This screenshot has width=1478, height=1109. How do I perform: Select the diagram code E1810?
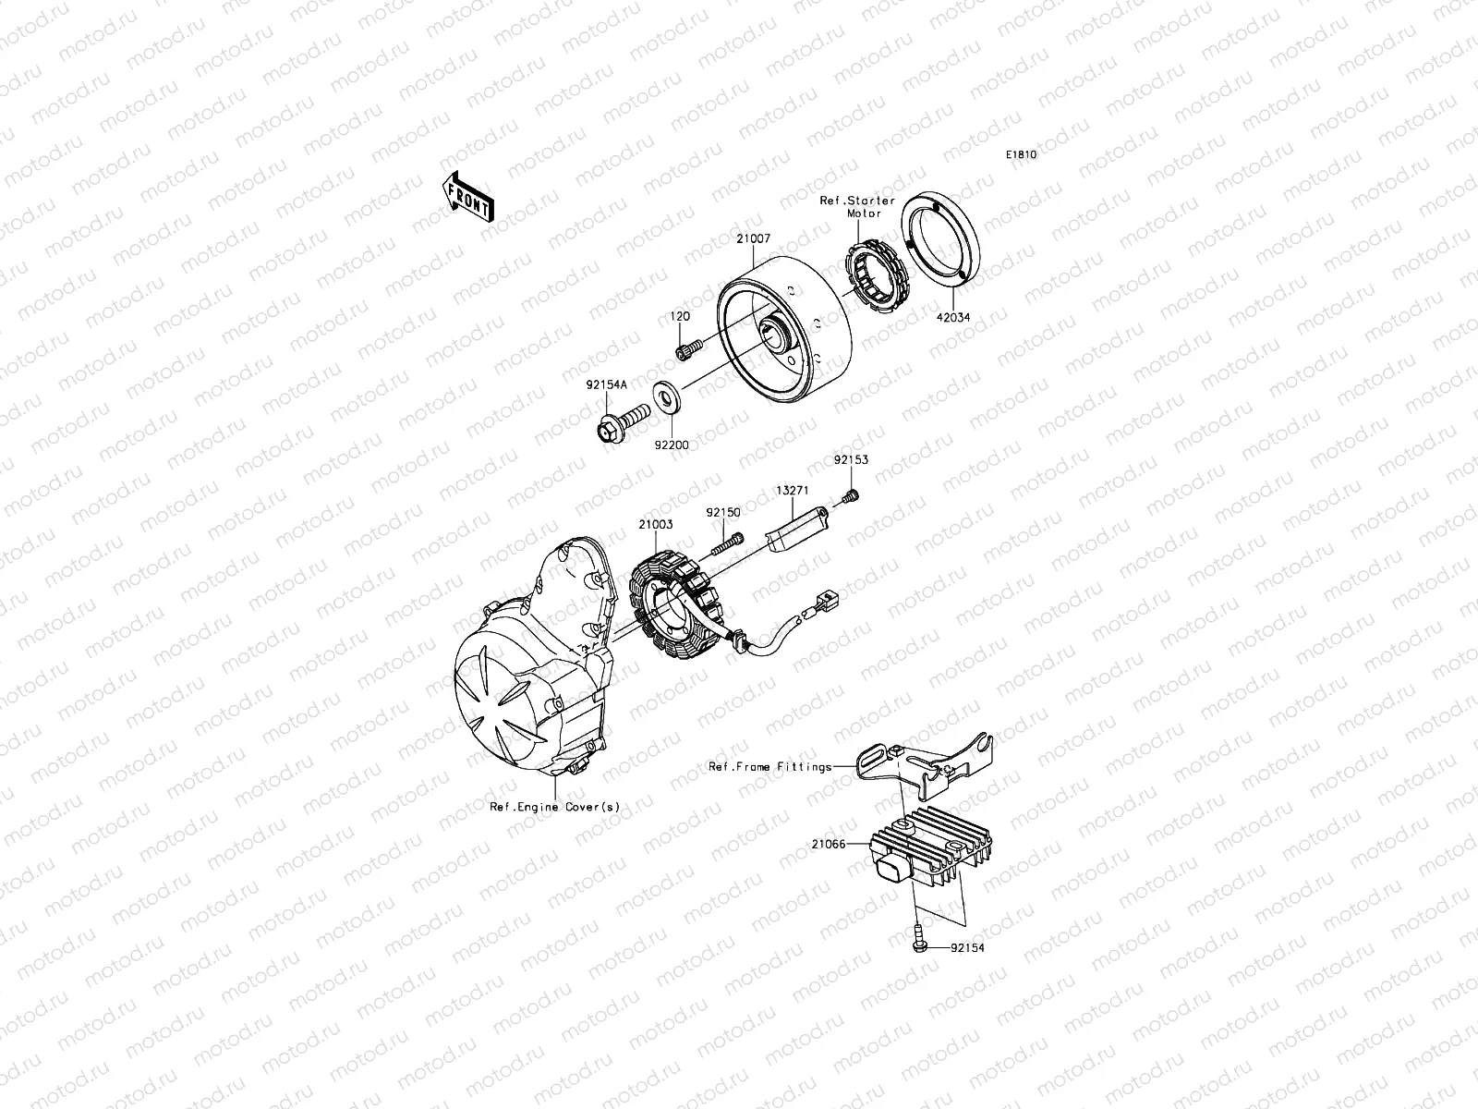click(1021, 155)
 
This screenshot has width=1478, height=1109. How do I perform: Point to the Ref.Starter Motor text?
click(857, 206)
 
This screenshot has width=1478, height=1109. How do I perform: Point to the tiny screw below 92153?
click(851, 498)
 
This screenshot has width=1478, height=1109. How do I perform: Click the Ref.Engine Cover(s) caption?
click(554, 806)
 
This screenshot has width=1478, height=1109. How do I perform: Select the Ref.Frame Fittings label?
click(769, 765)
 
